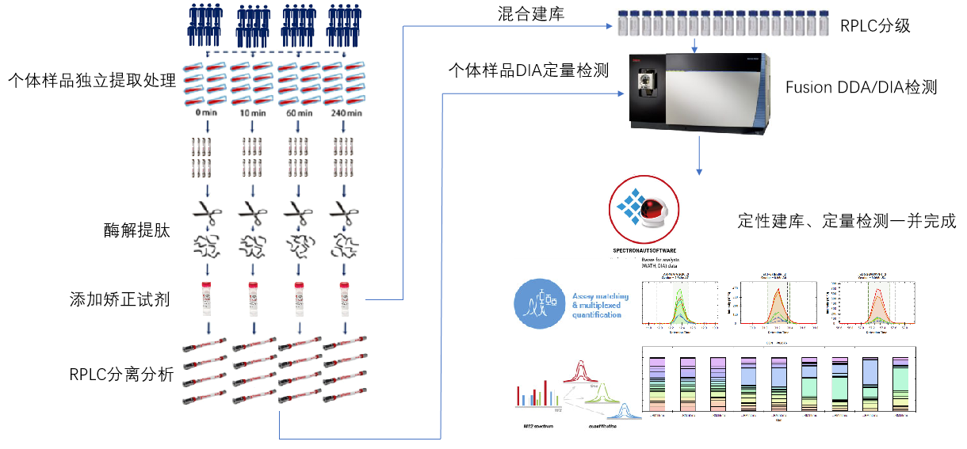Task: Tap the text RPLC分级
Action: [875, 26]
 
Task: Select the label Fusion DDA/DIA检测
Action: [861, 87]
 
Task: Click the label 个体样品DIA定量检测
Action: [529, 70]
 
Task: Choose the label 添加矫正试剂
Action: [119, 299]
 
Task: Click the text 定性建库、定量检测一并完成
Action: [847, 221]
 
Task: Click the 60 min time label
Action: [299, 113]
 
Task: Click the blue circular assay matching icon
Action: [538, 304]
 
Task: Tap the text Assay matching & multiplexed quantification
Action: [600, 306]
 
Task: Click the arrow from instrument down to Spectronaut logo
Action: [699, 154]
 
